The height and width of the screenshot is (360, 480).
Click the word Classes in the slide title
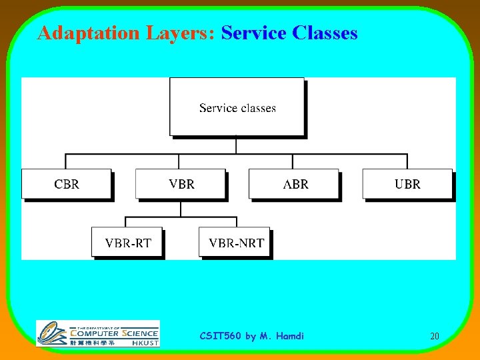[325, 33]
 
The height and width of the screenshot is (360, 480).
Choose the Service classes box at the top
[237, 107]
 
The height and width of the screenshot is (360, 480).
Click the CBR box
[66, 184]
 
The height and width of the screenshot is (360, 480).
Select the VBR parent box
[181, 184]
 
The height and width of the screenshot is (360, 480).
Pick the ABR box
[294, 184]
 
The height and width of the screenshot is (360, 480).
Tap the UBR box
[407, 184]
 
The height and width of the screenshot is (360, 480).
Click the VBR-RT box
[127, 243]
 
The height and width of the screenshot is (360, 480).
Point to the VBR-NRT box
[235, 243]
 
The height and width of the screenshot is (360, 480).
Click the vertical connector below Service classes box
[237, 145]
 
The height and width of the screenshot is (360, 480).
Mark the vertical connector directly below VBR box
[181, 208]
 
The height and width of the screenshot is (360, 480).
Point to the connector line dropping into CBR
[66, 162]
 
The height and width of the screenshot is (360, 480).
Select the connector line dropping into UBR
[407, 162]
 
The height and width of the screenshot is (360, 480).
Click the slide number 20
[434, 337]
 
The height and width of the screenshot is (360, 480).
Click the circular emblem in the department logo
[51, 333]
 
